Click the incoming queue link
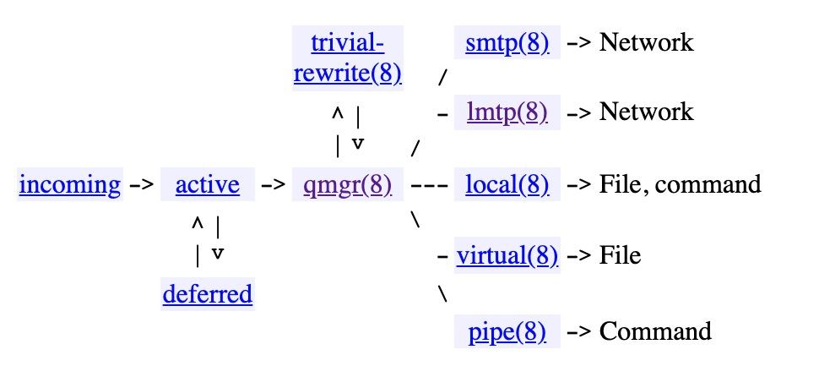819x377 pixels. tap(69, 184)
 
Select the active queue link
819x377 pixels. tap(207, 184)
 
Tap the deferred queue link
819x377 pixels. tap(207, 294)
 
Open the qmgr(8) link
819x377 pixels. tap(347, 184)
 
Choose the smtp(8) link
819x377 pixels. tap(507, 42)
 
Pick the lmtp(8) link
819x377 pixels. tap(507, 112)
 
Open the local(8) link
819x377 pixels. tap(507, 184)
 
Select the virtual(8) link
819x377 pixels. tap(507, 255)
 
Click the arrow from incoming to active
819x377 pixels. tap(141, 184)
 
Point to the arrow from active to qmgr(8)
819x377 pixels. tap(274, 184)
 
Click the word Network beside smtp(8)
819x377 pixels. tap(646, 42)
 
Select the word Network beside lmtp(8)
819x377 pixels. tap(646, 112)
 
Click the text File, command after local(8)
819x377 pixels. tap(680, 184)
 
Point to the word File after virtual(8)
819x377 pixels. tap(620, 255)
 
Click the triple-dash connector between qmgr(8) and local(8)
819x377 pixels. tap(428, 184)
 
